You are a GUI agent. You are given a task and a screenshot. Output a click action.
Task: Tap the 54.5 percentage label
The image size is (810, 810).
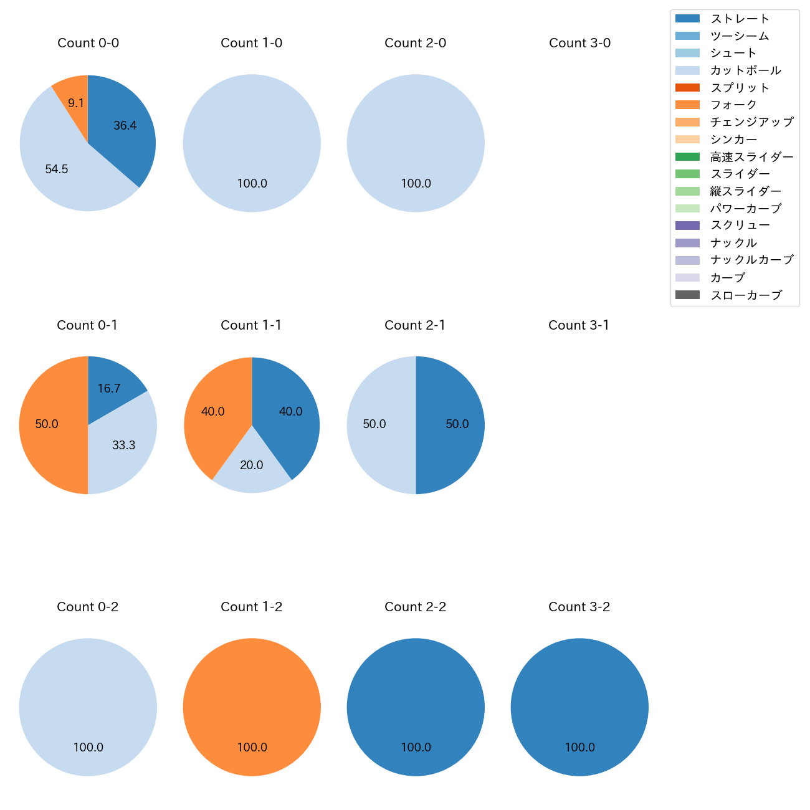click(57, 169)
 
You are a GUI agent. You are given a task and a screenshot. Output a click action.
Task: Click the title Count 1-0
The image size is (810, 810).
click(251, 43)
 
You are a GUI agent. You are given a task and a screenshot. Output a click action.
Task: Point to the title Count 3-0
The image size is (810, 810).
click(579, 43)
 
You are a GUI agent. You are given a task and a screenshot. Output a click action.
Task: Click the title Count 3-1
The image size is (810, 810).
click(579, 325)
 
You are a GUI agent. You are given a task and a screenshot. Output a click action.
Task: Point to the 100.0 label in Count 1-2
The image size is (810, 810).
click(252, 747)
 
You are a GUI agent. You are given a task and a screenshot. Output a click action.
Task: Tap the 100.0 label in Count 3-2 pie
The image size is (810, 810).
click(579, 747)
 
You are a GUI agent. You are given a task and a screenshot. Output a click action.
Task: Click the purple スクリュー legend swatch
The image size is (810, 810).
click(687, 226)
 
